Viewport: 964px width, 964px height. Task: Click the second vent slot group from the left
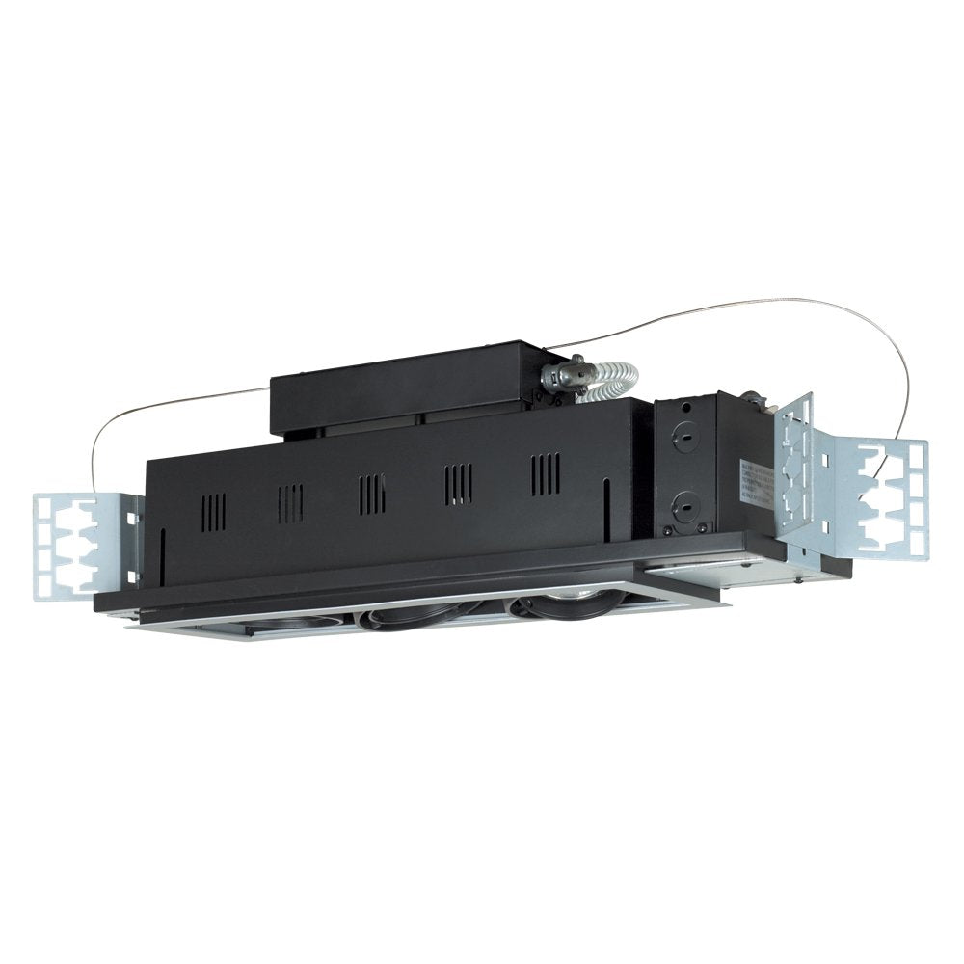click(x=289, y=500)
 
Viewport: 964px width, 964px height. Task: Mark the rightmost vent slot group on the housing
click(x=546, y=472)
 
